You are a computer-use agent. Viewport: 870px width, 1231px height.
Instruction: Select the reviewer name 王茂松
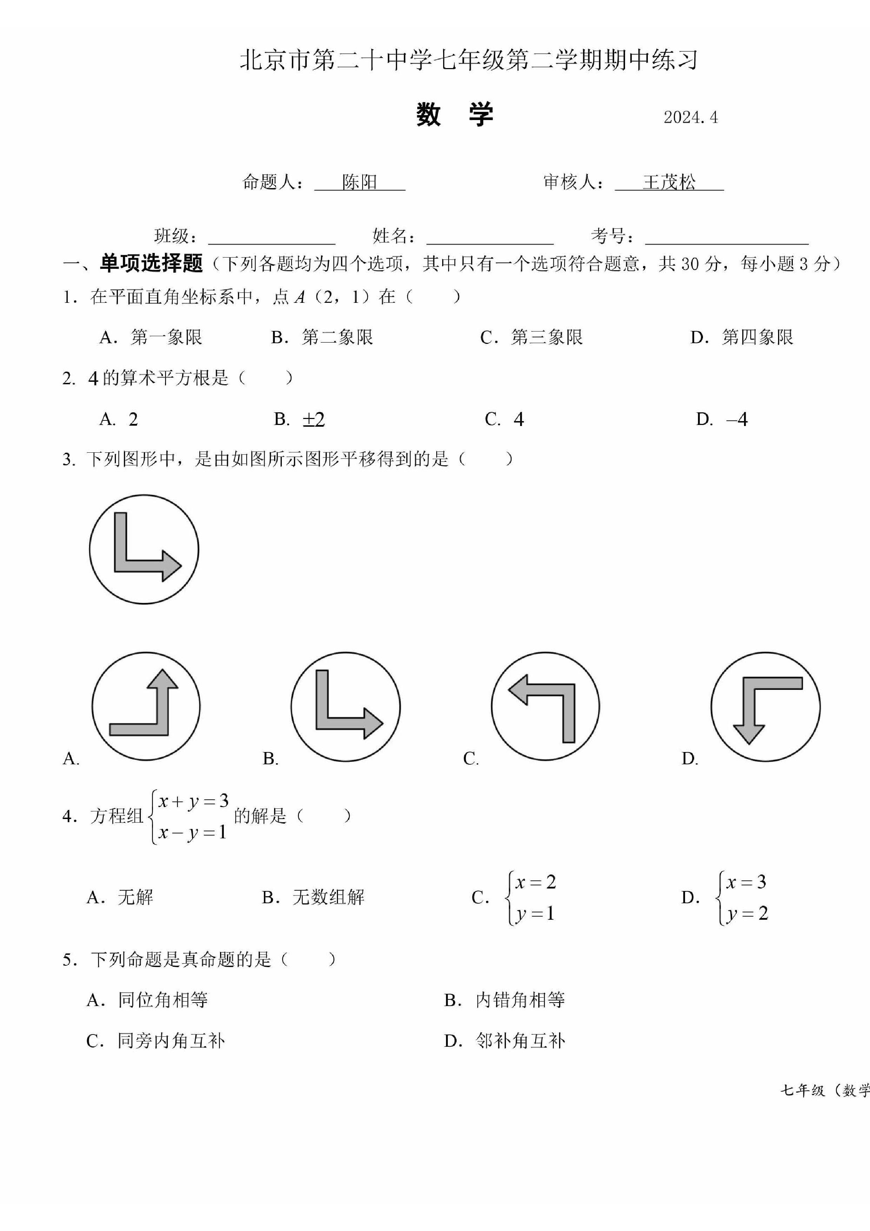(x=669, y=182)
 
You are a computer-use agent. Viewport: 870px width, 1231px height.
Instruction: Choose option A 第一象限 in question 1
(x=151, y=337)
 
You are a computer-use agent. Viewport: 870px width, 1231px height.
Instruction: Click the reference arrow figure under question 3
(x=144, y=549)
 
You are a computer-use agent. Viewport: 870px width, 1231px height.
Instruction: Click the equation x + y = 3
(x=193, y=801)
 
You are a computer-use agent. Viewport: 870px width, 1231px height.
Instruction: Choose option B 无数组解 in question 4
(x=313, y=897)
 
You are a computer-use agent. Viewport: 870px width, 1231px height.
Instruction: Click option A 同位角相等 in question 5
(x=147, y=1000)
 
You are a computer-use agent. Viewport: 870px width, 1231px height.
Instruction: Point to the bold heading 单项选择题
(x=151, y=263)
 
